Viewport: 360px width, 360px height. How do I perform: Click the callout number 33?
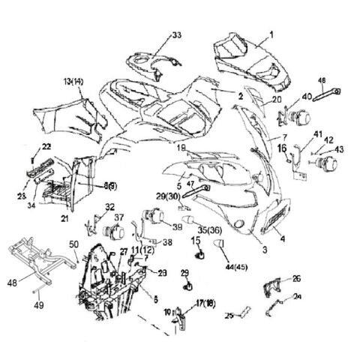coord(176,35)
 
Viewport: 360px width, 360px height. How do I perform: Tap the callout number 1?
coord(271,34)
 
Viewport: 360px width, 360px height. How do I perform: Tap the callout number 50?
coord(73,244)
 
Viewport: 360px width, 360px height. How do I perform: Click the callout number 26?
coord(296,279)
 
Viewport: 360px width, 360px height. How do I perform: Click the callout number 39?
coord(177,227)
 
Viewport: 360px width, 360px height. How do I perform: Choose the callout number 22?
coord(46,145)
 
